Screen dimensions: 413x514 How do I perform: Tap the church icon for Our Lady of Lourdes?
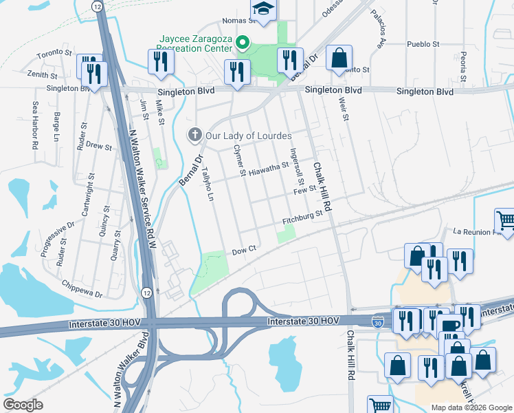(194, 135)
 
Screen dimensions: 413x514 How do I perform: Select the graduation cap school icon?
(262, 9)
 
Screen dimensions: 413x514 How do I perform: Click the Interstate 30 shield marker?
(378, 321)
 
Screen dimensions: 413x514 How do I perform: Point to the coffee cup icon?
(450, 326)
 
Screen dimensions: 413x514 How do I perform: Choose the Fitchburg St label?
(303, 218)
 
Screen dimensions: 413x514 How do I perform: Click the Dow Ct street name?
(244, 251)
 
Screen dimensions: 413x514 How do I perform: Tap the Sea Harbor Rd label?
(34, 127)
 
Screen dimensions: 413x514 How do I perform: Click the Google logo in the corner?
(23, 405)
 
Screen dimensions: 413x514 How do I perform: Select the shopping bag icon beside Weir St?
(339, 59)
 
